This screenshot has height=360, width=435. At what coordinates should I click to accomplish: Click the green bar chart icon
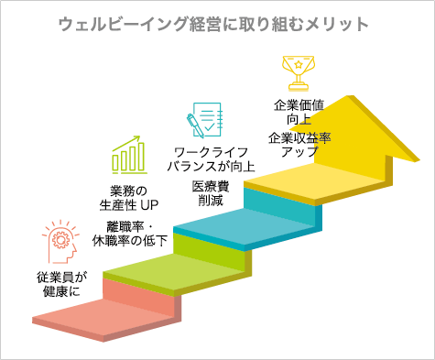coord(130,157)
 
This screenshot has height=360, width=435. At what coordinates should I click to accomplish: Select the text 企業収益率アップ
coord(299,145)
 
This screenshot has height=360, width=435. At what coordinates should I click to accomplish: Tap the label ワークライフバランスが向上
coord(212,158)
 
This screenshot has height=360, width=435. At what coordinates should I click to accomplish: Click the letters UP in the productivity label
coord(150,204)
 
